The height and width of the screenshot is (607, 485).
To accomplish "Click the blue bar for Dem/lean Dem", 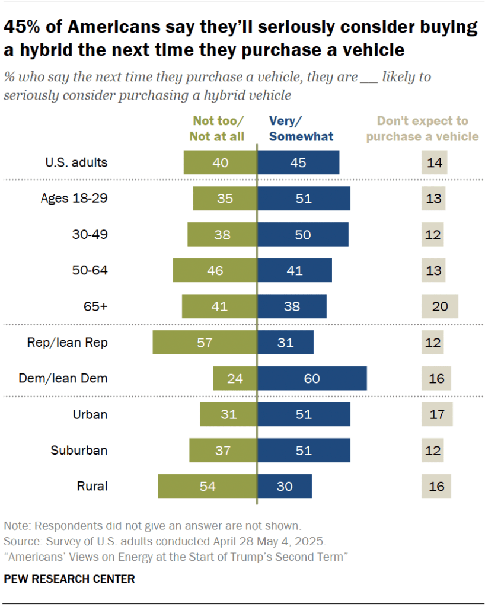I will [312, 378].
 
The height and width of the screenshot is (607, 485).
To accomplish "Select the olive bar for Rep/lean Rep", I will [205, 342].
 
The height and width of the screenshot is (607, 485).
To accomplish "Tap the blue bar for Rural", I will [285, 486].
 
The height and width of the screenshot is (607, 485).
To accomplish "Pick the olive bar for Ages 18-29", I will [225, 198].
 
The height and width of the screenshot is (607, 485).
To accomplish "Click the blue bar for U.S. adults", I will [298, 162].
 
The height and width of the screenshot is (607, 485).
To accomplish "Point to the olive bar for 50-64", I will [215, 270].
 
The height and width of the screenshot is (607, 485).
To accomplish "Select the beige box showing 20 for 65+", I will [440, 306].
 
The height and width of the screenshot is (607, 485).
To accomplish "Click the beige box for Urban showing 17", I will [437, 414].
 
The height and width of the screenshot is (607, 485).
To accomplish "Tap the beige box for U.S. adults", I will [433, 162].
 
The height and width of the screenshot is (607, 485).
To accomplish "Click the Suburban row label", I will [79, 450].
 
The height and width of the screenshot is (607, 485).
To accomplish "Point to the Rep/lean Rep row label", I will [68, 342].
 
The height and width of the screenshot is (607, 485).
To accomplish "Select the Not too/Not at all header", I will [216, 129].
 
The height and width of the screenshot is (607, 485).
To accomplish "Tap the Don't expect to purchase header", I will [422, 129].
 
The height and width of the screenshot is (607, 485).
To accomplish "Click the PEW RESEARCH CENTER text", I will [69, 579].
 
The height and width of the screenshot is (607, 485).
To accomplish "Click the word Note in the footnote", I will [16, 525].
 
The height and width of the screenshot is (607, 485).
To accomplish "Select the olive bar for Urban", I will [228, 414].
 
